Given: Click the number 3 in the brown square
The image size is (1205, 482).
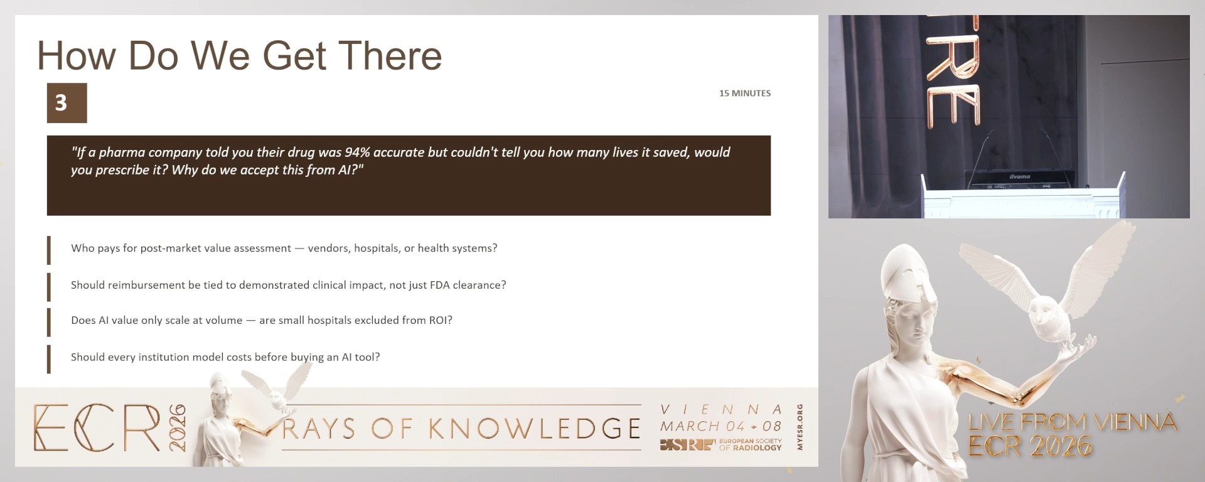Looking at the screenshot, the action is [x=61, y=102].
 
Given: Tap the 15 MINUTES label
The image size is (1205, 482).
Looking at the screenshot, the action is [x=745, y=93].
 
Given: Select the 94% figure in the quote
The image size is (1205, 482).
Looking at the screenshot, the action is [x=357, y=152].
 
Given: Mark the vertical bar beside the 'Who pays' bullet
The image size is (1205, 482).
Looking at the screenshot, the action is [x=49, y=250].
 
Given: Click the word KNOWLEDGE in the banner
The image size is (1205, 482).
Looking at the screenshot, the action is [x=535, y=429].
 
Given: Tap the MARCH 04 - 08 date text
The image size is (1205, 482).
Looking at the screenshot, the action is [x=720, y=426].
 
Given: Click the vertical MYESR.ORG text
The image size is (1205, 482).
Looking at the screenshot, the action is [x=800, y=427].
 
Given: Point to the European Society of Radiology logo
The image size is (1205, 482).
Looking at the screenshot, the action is [x=720, y=444].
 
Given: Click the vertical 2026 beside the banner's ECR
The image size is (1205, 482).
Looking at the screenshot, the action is [x=178, y=428].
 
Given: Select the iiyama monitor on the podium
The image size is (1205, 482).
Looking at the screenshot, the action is [x=1019, y=178].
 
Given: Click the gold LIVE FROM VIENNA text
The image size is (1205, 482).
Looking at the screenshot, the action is [x=1072, y=422].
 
